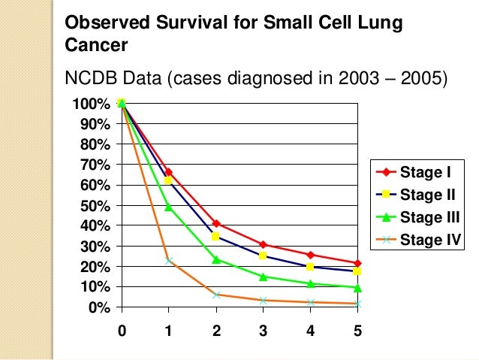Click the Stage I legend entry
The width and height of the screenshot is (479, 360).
(x=417, y=174)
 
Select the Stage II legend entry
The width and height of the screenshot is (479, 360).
(x=417, y=195)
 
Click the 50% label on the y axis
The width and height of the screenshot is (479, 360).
(x=95, y=205)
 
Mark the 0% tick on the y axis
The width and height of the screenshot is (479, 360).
(x=99, y=308)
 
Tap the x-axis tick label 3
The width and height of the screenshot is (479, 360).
(x=263, y=330)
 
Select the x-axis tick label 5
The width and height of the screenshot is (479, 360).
(x=358, y=330)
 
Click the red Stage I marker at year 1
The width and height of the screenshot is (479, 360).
(x=169, y=172)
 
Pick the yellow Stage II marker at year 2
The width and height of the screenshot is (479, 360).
(x=216, y=237)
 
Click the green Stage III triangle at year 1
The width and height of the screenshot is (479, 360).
(x=169, y=207)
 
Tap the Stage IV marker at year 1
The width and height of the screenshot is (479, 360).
(x=169, y=261)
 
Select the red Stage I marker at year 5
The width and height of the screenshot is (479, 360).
(x=358, y=264)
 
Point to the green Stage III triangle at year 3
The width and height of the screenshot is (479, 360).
(x=264, y=277)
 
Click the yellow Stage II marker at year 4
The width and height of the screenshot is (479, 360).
(x=311, y=267)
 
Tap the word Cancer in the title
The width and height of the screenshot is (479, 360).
(x=96, y=45)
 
